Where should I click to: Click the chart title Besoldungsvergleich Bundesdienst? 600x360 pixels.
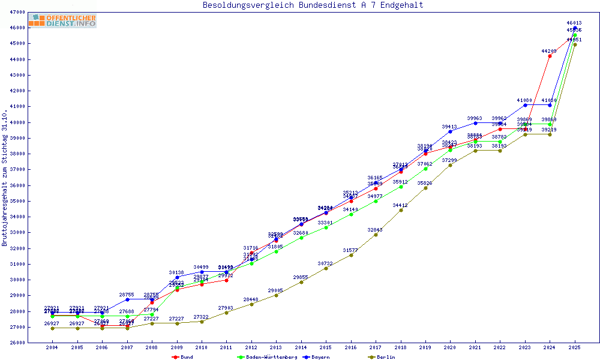click(x=313, y=5)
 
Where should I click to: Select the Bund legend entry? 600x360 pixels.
click(x=182, y=357)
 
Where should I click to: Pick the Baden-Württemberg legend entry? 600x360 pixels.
click(x=268, y=357)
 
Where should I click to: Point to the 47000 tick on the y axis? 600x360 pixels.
click(x=17, y=12)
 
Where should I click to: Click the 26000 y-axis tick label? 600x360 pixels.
click(x=17, y=343)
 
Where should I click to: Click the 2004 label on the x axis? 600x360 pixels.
click(x=52, y=347)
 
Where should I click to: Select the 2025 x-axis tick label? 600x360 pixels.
click(x=575, y=347)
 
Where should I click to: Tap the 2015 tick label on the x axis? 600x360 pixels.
click(x=326, y=347)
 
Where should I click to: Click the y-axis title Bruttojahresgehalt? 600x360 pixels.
click(x=5, y=178)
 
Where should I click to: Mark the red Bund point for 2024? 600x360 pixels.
click(x=550, y=56)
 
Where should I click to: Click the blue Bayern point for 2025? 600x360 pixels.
click(x=575, y=28)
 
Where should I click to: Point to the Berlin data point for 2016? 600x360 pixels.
click(x=351, y=255)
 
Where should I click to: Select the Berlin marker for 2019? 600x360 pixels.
click(x=425, y=188)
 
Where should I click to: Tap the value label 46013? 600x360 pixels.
click(x=575, y=23)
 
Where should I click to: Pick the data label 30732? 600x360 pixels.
click(x=325, y=263)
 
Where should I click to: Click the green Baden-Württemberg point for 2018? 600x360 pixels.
click(x=401, y=187)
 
